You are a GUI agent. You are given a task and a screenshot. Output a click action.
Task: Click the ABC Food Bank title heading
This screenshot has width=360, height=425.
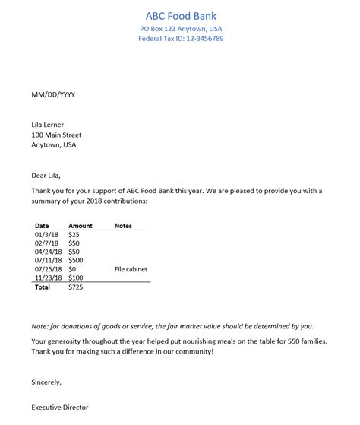point(180,16)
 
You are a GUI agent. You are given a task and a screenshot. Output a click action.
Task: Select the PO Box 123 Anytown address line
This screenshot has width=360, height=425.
point(180,29)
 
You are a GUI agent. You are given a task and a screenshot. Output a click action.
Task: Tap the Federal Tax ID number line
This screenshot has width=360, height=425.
point(180,39)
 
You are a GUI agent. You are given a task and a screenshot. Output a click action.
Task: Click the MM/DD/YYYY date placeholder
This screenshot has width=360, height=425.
point(53,94)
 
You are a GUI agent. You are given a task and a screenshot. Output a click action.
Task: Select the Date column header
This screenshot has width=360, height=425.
point(42,226)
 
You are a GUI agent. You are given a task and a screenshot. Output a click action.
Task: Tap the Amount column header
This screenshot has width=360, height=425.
point(80,226)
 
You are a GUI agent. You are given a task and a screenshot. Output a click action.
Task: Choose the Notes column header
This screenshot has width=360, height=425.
point(123,226)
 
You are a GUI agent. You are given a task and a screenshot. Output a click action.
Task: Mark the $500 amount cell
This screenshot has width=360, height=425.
point(76,260)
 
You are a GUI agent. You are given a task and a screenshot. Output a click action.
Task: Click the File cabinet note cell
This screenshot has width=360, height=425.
point(131,269)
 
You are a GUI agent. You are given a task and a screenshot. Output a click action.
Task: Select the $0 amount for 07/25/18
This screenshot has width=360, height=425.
point(72,269)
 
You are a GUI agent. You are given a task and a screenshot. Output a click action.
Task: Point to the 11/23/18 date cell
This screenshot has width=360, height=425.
point(47,278)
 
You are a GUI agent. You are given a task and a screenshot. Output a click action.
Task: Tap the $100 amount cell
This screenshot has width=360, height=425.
point(76,278)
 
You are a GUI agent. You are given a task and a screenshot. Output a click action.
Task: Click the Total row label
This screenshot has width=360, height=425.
point(43,288)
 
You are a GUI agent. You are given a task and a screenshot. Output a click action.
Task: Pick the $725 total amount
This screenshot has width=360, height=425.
point(76,288)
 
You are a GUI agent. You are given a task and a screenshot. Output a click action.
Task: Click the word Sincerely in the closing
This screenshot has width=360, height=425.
point(46,382)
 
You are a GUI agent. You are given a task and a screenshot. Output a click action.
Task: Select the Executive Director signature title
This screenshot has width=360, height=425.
point(60,408)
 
